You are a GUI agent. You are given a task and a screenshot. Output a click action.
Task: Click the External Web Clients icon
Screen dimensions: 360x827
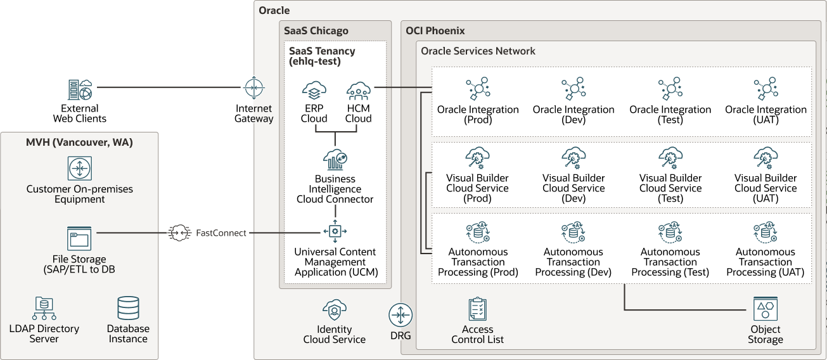[80, 90]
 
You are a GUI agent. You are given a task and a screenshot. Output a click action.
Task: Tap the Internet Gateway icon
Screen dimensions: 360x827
[254, 87]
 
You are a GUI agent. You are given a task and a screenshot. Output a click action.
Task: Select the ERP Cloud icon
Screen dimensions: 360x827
[314, 91]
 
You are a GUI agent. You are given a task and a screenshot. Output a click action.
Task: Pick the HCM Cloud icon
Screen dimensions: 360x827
[359, 91]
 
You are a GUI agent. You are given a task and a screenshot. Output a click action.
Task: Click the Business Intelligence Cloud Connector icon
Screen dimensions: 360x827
[335, 159]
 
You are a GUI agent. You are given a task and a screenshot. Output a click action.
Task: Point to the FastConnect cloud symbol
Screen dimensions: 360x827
[179, 233]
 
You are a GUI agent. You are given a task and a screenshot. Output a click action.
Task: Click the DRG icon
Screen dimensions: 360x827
[401, 315]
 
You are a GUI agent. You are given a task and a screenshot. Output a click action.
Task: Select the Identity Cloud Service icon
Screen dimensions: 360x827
[334, 310]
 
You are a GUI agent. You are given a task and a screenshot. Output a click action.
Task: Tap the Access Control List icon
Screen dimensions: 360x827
[477, 309]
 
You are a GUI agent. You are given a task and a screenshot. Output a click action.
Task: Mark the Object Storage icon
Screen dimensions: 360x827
[766, 309]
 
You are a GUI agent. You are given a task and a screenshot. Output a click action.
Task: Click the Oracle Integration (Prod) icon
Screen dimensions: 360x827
[478, 89]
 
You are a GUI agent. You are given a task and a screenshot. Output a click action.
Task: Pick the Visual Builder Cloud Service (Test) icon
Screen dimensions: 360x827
[670, 158]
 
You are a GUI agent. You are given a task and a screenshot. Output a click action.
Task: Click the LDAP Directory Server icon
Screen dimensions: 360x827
[44, 309]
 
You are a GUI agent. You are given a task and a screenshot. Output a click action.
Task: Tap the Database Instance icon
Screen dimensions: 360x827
[128, 309]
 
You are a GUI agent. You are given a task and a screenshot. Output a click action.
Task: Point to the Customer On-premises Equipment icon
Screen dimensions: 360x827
[80, 169]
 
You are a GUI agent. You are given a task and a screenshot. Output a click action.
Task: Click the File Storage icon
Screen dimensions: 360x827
[80, 238]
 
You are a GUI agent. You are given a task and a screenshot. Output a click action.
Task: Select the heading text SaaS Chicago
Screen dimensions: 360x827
[316, 30]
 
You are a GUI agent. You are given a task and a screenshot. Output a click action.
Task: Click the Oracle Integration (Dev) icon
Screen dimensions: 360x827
[574, 89]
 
